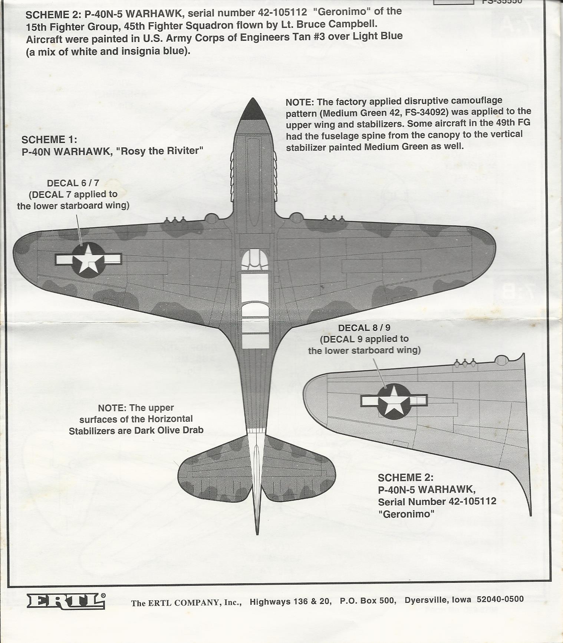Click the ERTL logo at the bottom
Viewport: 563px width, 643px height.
(66, 601)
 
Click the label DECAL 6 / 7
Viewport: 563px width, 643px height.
(73, 183)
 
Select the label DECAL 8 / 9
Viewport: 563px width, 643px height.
(364, 328)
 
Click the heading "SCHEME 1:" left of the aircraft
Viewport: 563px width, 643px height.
(49, 140)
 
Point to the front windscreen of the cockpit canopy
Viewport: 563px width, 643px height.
(254, 259)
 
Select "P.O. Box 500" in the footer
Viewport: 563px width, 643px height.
(368, 600)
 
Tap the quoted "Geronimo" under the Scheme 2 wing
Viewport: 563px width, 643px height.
(406, 514)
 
